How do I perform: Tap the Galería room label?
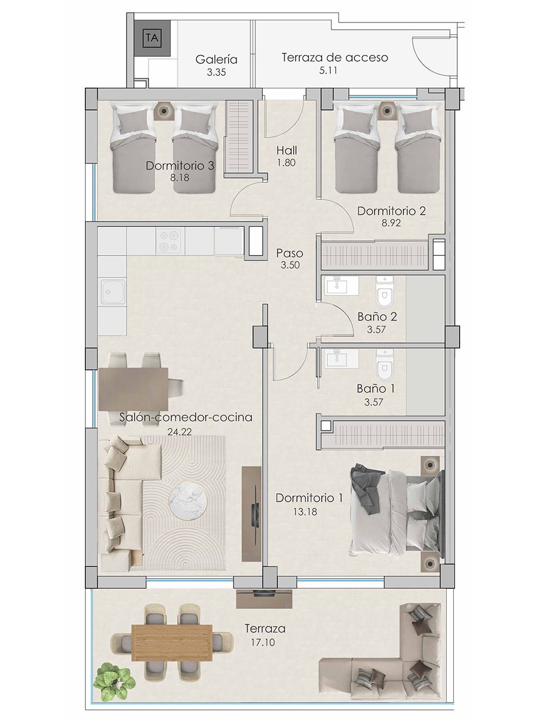[217, 60]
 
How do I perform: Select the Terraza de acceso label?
[335, 57]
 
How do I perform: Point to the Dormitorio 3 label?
[180, 166]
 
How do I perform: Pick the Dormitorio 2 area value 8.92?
[391, 222]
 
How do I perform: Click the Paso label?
[290, 253]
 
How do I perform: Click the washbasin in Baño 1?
[340, 358]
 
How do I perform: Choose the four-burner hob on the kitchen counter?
[170, 242]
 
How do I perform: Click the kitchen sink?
[112, 292]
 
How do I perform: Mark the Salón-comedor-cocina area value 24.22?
[181, 432]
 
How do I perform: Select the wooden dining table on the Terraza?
[172, 643]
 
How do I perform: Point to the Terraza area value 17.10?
[260, 642]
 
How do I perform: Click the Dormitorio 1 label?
[309, 498]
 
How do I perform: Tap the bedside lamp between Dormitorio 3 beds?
[163, 111]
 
